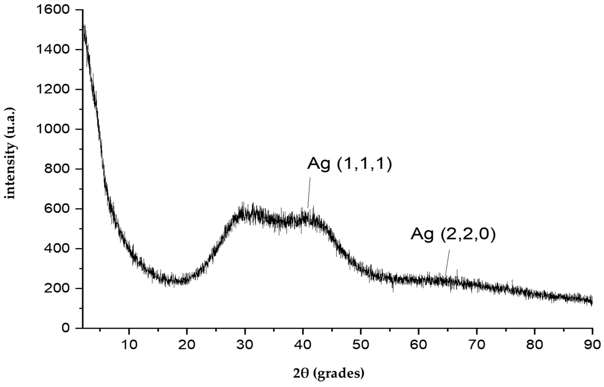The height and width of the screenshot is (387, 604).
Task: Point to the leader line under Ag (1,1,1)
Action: [x=309, y=192]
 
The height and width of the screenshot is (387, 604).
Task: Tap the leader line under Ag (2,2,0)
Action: [x=447, y=263]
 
